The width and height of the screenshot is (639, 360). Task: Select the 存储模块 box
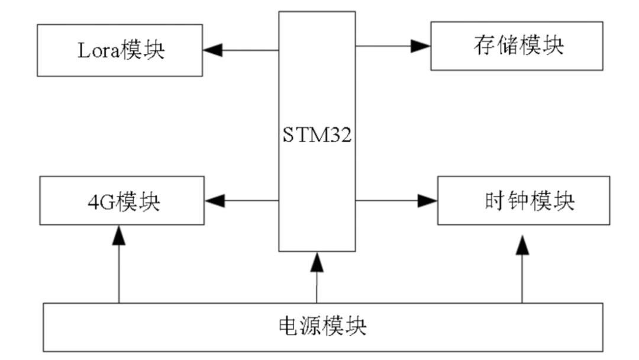(517, 46)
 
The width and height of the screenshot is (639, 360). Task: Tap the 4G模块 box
(121, 201)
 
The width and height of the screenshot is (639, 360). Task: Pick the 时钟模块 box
(523, 201)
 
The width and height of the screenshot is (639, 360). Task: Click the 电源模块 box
(322, 327)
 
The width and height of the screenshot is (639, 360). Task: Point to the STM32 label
(317, 137)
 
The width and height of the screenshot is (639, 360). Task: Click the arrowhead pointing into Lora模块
(213, 50)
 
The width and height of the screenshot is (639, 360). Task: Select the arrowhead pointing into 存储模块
(421, 46)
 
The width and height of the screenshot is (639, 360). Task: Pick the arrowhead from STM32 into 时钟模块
(428, 201)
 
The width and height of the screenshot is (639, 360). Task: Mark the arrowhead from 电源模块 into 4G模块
(119, 236)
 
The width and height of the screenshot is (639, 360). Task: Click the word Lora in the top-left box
(98, 51)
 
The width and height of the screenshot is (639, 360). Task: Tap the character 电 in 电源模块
(289, 327)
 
